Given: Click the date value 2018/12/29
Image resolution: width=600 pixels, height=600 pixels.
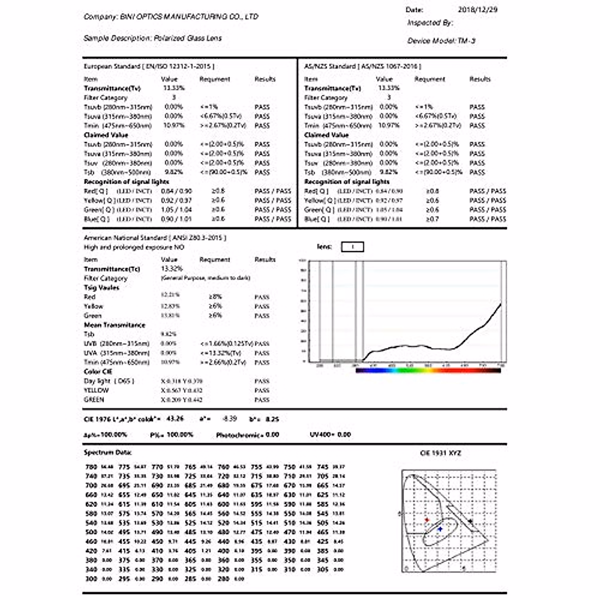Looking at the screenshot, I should pos(477,9).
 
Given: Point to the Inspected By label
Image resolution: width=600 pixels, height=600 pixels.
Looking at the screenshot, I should pos(429,22).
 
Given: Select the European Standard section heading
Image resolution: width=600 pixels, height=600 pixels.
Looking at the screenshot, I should pos(149,66).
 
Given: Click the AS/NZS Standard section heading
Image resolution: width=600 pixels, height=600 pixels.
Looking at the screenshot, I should pos(362,66).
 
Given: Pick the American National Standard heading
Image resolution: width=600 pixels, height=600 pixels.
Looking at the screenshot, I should pos(154,237).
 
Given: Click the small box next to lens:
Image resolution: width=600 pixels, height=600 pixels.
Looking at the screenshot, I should pos(352,247).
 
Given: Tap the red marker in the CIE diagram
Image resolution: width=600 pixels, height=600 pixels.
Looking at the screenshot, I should pos(427,520).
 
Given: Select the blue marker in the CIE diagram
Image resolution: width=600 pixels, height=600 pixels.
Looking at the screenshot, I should pos(440,528).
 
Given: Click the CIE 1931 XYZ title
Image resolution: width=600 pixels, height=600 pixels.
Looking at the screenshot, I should pos(440,453).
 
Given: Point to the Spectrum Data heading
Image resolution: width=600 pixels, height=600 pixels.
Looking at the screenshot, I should pos(107,452).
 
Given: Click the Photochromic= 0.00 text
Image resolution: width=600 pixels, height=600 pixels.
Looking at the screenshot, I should pos(247,435).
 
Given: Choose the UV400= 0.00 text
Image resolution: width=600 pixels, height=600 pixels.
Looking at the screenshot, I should pos(330,434).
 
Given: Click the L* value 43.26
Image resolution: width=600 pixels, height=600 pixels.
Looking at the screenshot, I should pos(175,418).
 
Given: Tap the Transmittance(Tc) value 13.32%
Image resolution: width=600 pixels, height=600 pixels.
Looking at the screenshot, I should pos(172,268).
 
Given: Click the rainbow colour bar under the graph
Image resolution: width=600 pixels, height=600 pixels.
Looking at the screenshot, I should pos(428,370).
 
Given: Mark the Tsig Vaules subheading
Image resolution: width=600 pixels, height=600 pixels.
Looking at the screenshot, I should pos(101,287).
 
